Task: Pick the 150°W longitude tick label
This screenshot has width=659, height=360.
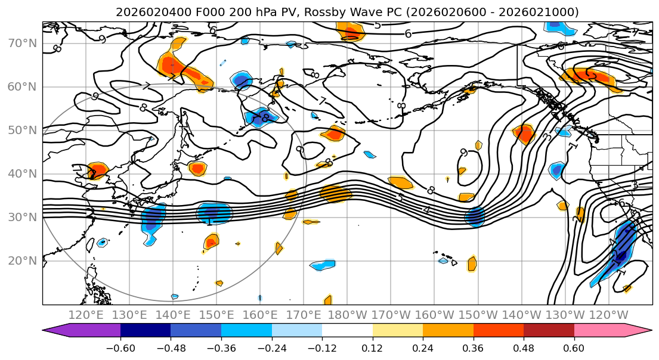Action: [478, 315]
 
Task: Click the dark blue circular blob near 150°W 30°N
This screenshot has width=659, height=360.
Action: [475, 217]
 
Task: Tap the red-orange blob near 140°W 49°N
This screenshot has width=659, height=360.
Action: [524, 134]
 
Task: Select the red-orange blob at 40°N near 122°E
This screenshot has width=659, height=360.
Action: [97, 170]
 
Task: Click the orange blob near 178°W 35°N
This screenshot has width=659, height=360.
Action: [336, 194]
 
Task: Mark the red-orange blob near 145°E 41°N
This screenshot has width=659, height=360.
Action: [197, 168]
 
